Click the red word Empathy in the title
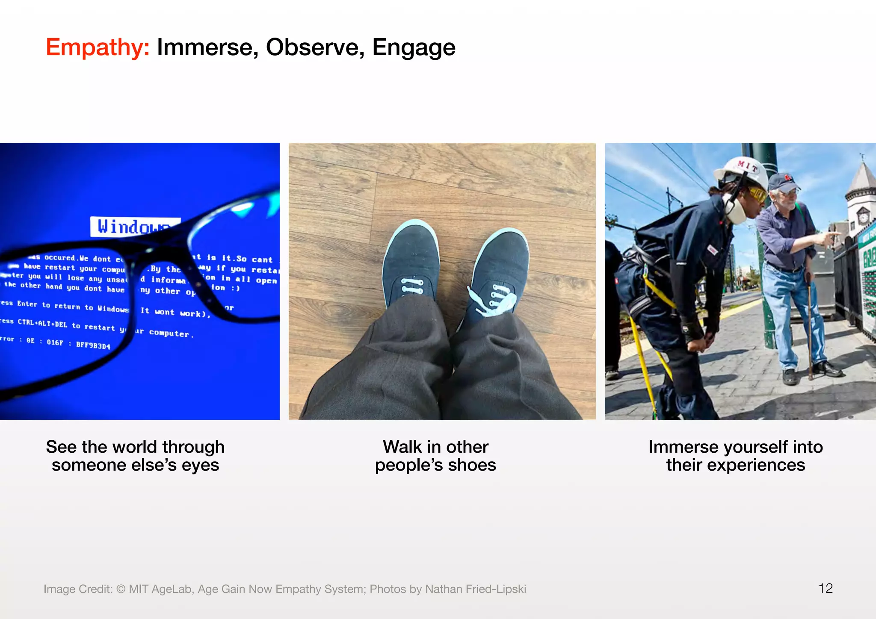(x=98, y=47)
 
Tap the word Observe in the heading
(x=315, y=47)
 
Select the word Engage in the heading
(x=414, y=47)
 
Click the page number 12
(x=825, y=588)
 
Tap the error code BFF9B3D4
(x=93, y=345)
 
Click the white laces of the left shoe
(x=411, y=286)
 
